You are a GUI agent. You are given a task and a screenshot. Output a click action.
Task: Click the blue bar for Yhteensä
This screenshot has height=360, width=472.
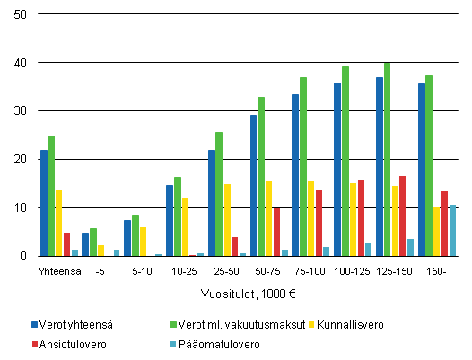(43, 203)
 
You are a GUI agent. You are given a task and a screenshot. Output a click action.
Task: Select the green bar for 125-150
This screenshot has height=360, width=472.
(388, 160)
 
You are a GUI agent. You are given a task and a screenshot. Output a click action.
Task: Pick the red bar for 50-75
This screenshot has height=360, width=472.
(277, 232)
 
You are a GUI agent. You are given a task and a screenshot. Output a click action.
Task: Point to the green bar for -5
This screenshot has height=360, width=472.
(93, 242)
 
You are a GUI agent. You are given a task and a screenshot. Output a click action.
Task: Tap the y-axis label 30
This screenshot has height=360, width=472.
(20, 111)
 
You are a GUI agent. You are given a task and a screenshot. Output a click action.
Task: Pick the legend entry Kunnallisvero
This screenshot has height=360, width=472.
(354, 323)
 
